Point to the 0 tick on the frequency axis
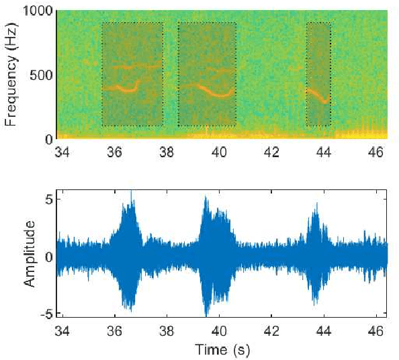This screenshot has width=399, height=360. tap(48, 139)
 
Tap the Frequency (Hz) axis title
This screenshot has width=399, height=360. tap(11, 75)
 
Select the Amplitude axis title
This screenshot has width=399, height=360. tap(30, 253)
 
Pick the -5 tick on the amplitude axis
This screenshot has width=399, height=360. tap(46, 314)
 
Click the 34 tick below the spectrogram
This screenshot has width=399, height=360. tap(62, 152)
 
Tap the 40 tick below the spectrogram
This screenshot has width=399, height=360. tap(219, 152)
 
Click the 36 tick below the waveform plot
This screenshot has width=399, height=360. tap(115, 330)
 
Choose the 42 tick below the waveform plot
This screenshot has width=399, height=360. tap(271, 330)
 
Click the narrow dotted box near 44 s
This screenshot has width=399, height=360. tap(318, 74)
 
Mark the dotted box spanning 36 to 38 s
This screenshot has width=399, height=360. tap(132, 74)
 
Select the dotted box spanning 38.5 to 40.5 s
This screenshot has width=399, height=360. tap(207, 74)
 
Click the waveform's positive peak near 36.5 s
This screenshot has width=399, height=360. tap(132, 193)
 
